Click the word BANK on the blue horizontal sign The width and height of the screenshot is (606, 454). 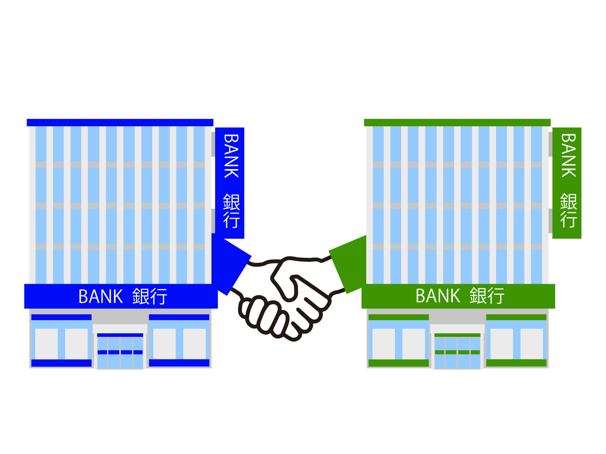click(100, 296)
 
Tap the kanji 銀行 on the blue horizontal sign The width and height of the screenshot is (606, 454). click(150, 296)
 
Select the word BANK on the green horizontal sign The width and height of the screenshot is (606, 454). click(437, 296)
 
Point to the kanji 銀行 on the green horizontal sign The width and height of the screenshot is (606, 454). click(487, 296)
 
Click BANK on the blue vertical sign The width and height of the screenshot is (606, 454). click(231, 156)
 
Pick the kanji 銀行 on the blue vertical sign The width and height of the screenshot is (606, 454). click(231, 211)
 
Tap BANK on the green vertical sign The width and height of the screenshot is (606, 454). click(568, 155)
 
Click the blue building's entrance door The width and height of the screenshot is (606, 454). click(120, 352)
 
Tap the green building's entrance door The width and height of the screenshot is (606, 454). click(457, 352)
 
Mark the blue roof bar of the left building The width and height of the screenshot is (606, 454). click(120, 123)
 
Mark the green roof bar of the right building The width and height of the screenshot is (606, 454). click(457, 123)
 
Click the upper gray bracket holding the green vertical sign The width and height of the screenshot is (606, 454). click(550, 144)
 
